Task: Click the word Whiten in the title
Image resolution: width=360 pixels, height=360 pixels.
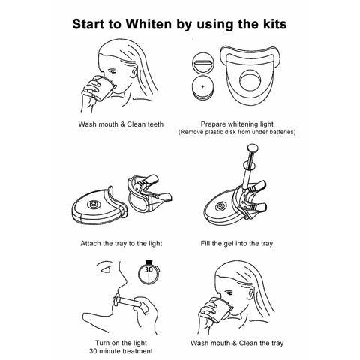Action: coord(148,24)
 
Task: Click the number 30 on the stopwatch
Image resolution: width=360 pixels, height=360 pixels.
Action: coord(148,269)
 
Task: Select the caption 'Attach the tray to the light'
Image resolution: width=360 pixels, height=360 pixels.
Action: coord(121,244)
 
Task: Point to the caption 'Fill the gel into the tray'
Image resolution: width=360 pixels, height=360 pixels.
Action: coord(237,244)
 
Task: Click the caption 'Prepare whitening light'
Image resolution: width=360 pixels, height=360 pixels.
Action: coord(237,124)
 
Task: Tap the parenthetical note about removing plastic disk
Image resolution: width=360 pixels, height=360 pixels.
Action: coord(237,132)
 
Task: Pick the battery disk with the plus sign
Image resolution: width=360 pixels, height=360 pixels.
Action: coord(202,88)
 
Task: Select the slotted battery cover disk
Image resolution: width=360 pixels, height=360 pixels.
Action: coord(203,63)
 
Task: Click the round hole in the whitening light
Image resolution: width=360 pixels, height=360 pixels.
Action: coord(250,81)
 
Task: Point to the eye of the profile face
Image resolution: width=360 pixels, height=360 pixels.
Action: coord(106,269)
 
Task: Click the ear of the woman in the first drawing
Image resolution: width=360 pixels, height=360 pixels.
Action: coord(134,71)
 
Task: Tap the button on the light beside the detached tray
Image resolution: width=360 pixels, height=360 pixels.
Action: coord(93,205)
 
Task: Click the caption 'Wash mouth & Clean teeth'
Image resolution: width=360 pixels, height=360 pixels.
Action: coord(121,124)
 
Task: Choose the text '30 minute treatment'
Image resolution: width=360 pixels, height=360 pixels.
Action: coord(121,351)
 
